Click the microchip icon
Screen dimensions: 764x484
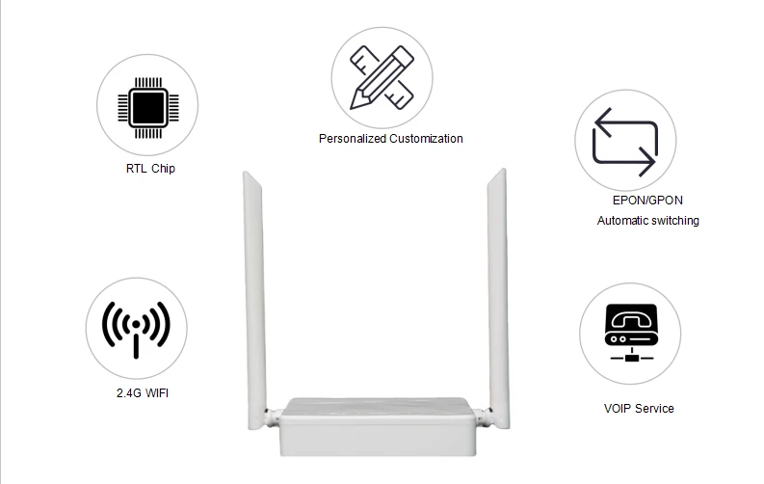point(148,108)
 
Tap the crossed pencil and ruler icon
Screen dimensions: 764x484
point(382,77)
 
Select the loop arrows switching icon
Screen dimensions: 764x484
point(625,142)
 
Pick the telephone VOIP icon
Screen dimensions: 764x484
point(631,334)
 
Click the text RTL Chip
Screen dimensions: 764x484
point(150,169)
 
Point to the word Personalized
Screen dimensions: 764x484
point(353,139)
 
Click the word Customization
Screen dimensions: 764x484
point(427,139)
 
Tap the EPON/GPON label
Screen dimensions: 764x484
point(647,201)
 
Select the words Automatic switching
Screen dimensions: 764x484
point(648,221)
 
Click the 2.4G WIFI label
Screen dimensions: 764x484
point(143,393)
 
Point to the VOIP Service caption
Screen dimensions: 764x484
point(639,409)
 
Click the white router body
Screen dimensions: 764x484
point(378,427)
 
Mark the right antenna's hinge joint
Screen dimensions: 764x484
point(483,416)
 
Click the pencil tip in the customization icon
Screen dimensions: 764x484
point(354,105)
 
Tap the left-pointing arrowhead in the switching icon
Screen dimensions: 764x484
point(602,121)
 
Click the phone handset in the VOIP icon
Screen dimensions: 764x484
point(631,319)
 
